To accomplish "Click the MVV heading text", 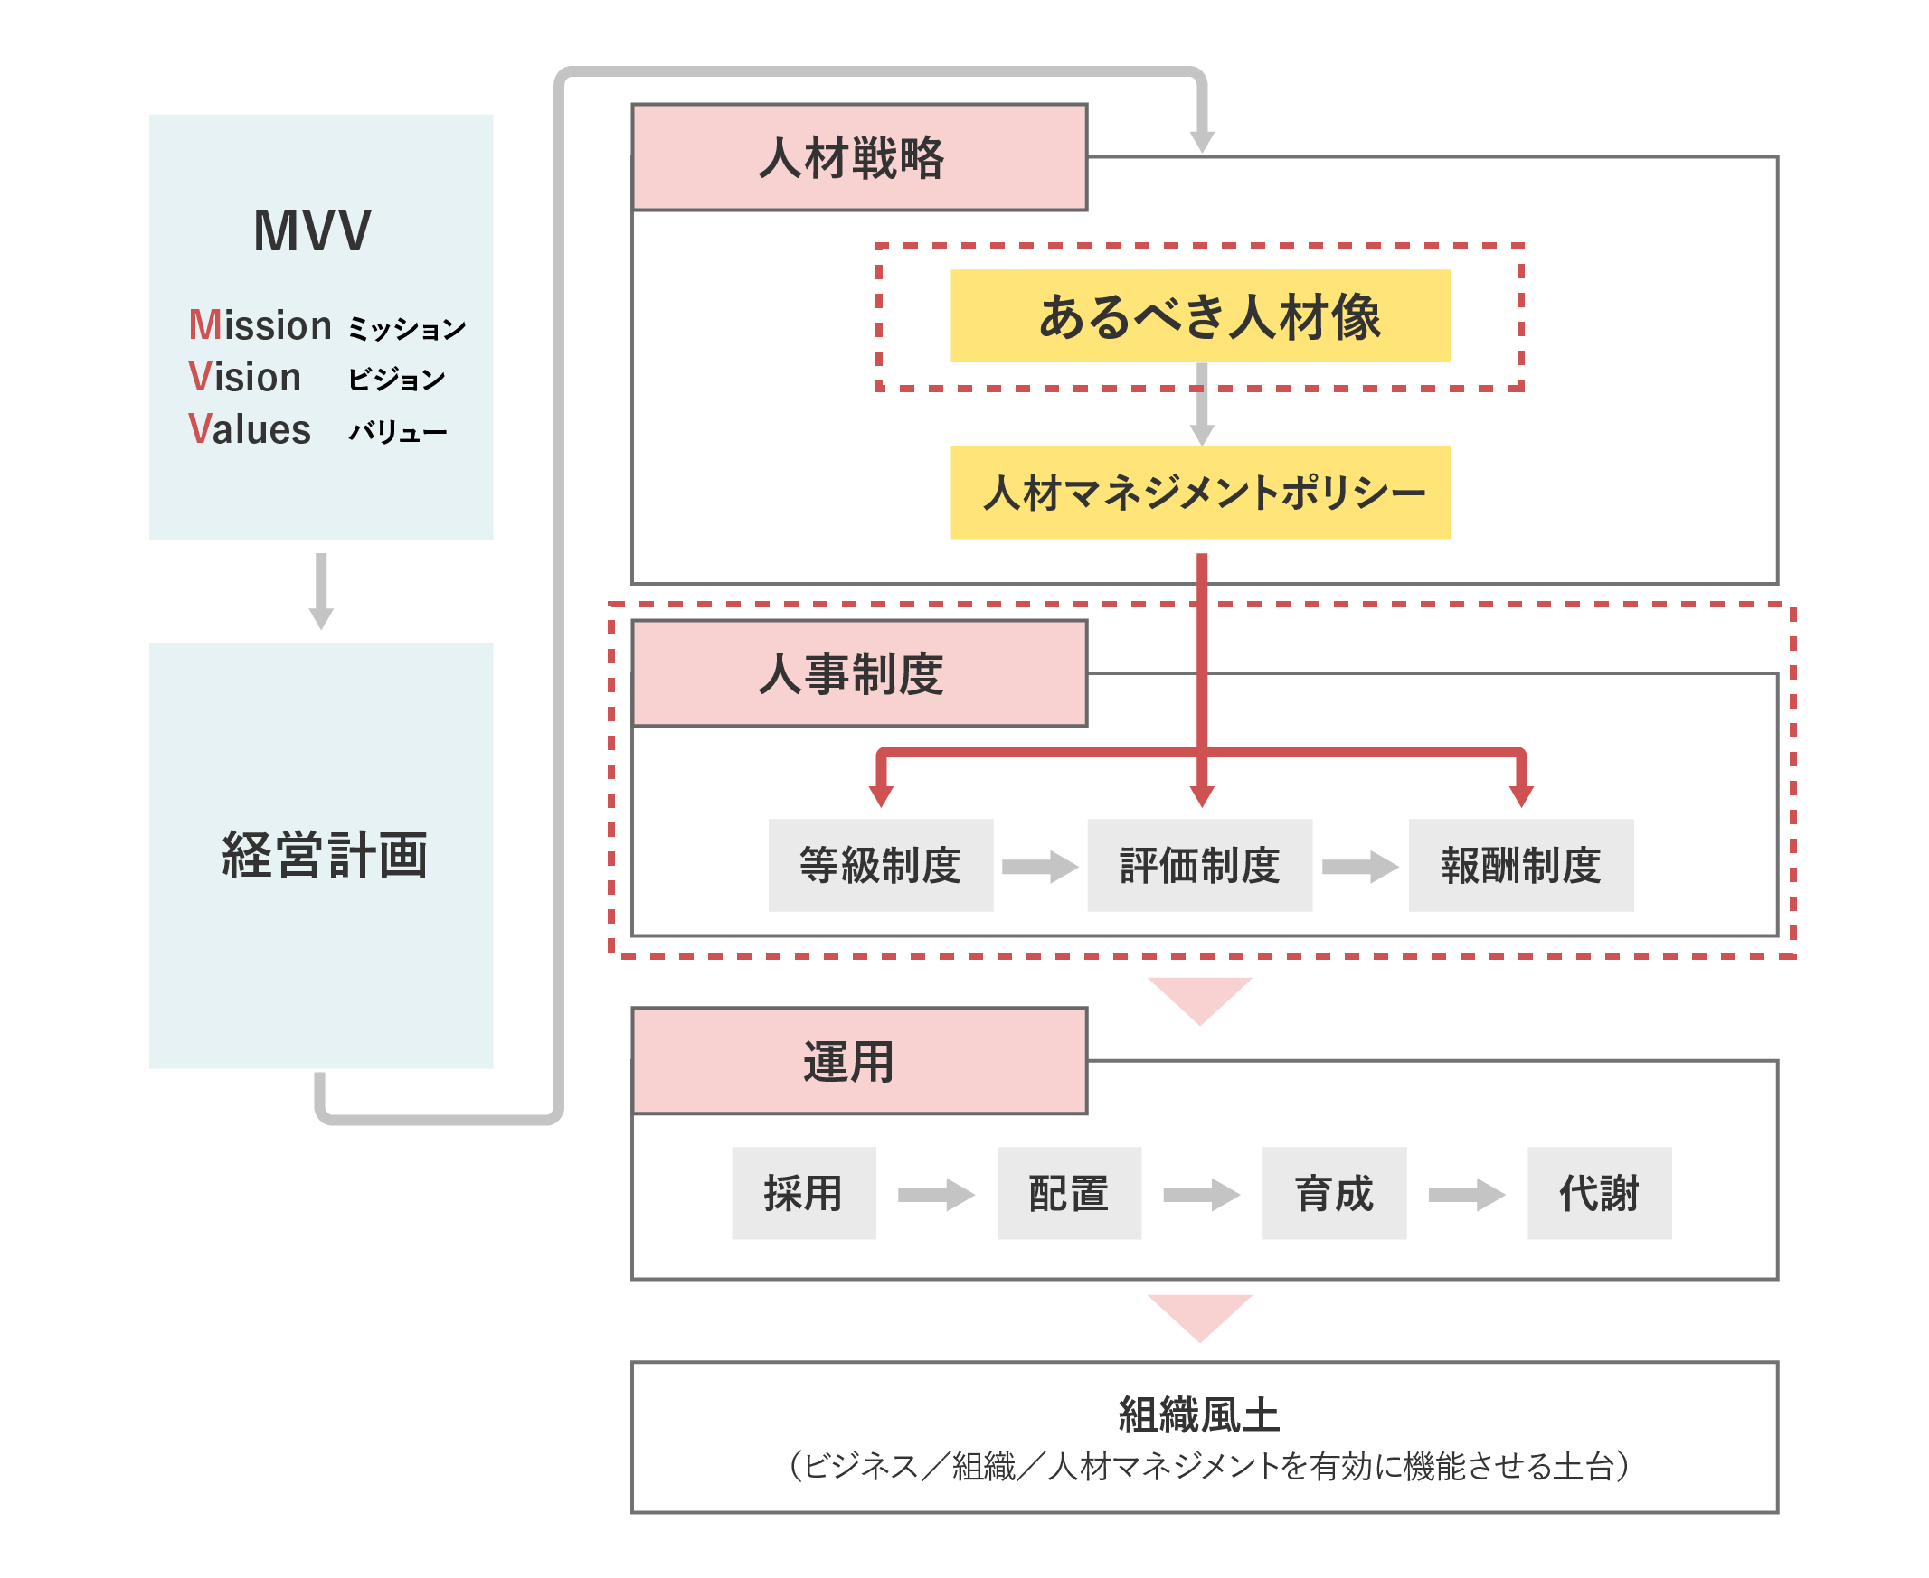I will point(312,230).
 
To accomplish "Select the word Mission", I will point(260,325).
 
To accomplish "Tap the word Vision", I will point(245,377).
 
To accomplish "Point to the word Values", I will point(250,429).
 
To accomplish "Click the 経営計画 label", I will point(324,855).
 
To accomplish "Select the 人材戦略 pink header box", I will point(858,157).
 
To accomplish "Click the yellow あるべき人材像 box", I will point(1199,316).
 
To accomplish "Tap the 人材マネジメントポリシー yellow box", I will point(1199,493).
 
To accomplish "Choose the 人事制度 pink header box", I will point(858,673).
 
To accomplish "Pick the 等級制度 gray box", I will point(880,864).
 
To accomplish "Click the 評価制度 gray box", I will point(1199,864).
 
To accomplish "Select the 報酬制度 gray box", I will point(1520,864).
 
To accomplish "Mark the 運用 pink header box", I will point(858,1061).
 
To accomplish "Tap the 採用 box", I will point(803,1193).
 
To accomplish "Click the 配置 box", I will point(1069,1193).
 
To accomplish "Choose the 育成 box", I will point(1334,1193).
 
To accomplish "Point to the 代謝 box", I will point(1599,1193).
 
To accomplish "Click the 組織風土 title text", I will point(1198,1415).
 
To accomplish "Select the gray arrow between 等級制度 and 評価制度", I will point(1039,866).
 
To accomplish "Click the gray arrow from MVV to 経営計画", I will point(321,590).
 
